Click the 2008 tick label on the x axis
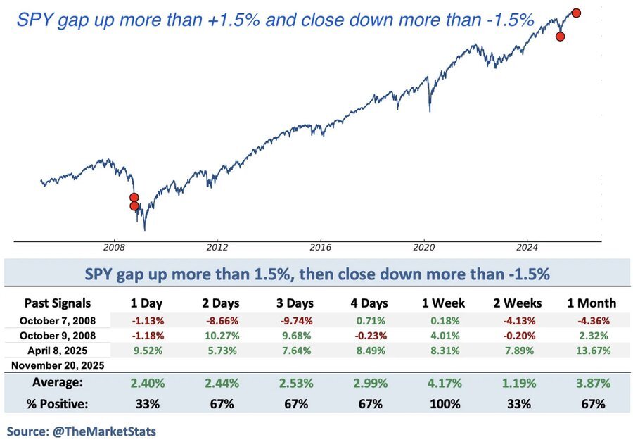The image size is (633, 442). pyautogui.click(x=114, y=248)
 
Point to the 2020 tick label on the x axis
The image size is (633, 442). pyautogui.click(x=424, y=248)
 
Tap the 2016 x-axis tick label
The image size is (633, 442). pyautogui.click(x=321, y=248)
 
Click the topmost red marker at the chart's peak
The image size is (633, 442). pyautogui.click(x=576, y=13)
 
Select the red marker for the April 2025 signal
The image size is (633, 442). pyautogui.click(x=560, y=37)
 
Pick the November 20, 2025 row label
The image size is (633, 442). pyautogui.click(x=57, y=365)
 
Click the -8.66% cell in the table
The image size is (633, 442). pyautogui.click(x=222, y=320)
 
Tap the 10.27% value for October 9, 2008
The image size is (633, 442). pyautogui.click(x=222, y=335)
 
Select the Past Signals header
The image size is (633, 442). pyautogui.click(x=58, y=303)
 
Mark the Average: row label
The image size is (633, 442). pyautogui.click(x=58, y=384)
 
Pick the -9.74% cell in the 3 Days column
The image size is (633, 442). pyautogui.click(x=295, y=320)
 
